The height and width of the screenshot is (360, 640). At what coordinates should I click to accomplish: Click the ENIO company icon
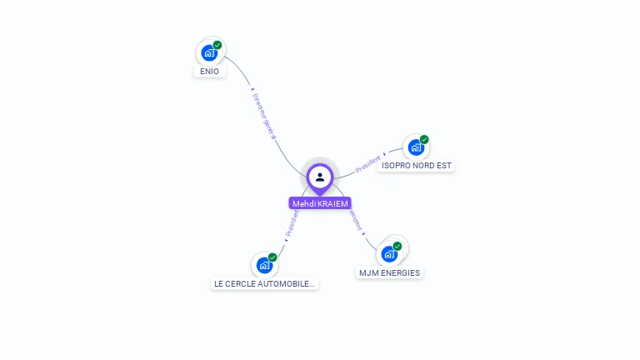[x=209, y=52]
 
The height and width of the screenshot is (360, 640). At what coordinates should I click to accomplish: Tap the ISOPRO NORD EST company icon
[x=416, y=147]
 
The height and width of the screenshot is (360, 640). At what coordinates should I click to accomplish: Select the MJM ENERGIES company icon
[x=389, y=253]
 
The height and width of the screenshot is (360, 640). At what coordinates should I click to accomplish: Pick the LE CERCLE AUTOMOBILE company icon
[x=264, y=265]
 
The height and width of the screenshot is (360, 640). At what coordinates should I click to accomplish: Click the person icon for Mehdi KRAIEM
[x=320, y=177]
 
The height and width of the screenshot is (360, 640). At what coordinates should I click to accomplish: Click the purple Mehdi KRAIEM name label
[x=320, y=203]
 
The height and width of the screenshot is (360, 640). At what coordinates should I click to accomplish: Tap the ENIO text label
[x=210, y=72]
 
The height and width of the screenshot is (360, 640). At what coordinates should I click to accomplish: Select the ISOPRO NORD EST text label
[x=416, y=166]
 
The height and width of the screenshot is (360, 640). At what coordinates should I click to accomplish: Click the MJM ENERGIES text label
[x=389, y=272]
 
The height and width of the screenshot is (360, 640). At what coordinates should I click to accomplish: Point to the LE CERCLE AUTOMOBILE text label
[x=264, y=284]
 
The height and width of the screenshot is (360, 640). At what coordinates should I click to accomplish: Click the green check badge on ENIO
[x=217, y=45]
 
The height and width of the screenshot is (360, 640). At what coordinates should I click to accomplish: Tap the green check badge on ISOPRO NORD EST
[x=424, y=139]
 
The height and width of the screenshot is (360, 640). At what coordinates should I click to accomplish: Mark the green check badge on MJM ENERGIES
[x=397, y=246]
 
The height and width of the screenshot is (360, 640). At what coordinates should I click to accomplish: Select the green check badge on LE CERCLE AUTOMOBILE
[x=272, y=257]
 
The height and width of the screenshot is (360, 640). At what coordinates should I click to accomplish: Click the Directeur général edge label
[x=263, y=115]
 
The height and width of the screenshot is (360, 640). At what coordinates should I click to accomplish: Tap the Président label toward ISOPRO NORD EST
[x=368, y=163]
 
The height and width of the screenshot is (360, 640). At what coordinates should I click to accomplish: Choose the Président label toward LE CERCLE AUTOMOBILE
[x=291, y=225]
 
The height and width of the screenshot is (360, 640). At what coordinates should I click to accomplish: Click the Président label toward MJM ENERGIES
[x=355, y=220]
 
